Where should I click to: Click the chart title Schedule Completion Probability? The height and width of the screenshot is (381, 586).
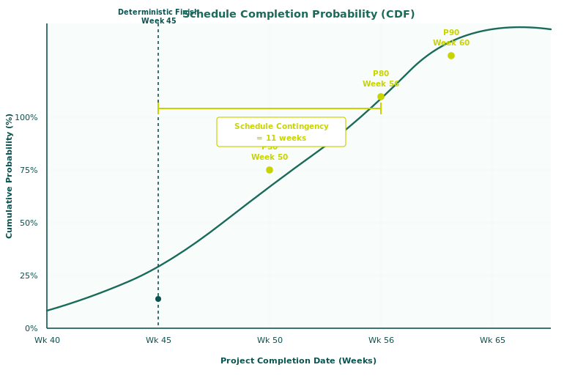tap(299, 15)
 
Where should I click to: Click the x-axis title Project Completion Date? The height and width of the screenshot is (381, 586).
tap(299, 360)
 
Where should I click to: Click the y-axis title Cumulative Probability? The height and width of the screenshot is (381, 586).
tap(10, 176)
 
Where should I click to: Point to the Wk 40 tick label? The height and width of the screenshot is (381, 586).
tap(47, 340)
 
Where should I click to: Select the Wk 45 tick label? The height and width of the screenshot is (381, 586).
tap(158, 340)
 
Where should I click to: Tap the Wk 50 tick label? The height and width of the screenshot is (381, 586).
tap(270, 340)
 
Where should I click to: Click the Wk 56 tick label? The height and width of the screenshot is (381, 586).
tap(381, 340)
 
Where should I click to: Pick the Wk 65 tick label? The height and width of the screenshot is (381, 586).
tap(492, 340)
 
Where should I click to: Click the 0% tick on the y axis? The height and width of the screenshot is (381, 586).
tap(31, 328)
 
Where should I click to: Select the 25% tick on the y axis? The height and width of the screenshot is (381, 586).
tap(29, 275)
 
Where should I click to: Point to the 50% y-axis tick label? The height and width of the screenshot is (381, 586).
tap(29, 223)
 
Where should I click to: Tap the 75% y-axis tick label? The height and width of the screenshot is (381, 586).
tap(29, 170)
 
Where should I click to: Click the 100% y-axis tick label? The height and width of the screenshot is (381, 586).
tap(26, 117)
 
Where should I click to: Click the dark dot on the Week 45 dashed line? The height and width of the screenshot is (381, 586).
tap(158, 299)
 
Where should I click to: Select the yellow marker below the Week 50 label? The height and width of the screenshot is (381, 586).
tap(270, 170)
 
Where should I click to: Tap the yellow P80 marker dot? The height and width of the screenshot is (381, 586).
tap(381, 97)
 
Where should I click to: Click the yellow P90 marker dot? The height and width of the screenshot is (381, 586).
tap(451, 56)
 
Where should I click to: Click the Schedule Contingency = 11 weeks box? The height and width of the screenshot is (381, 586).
tap(281, 132)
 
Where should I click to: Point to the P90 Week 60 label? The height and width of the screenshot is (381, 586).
tap(451, 38)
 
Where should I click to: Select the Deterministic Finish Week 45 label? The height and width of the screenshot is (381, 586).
tap(158, 16)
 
